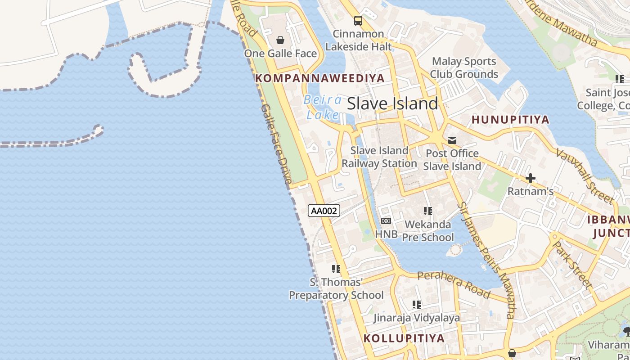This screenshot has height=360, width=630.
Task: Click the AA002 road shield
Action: pyautogui.click(x=324, y=211)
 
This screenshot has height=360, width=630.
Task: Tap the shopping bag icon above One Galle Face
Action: pyautogui.click(x=280, y=40)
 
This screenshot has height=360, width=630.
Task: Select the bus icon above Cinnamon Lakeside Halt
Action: pyautogui.click(x=358, y=20)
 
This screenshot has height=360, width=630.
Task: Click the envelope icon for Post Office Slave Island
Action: pyautogui.click(x=452, y=140)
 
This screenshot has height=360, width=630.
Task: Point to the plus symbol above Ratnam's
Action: pyautogui.click(x=531, y=178)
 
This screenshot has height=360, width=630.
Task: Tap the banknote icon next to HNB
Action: pyautogui.click(x=386, y=221)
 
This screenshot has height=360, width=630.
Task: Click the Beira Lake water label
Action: pyautogui.click(x=323, y=107)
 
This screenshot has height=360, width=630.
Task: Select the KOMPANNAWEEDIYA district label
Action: pyautogui.click(x=320, y=78)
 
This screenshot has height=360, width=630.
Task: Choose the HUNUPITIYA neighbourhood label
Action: pyautogui.click(x=510, y=120)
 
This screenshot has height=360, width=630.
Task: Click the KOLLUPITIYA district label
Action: pyautogui.click(x=404, y=338)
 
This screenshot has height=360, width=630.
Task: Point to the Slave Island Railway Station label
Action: pyautogui.click(x=379, y=157)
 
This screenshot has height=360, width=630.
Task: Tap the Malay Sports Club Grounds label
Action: pyautogui.click(x=464, y=67)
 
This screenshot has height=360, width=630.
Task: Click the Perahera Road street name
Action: pyautogui.click(x=453, y=284)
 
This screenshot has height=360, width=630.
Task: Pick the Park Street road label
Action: pyautogui.click(x=572, y=264)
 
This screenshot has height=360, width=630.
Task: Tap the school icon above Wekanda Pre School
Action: pyautogui.click(x=427, y=211)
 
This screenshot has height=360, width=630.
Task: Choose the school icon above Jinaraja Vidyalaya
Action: pyautogui.click(x=417, y=305)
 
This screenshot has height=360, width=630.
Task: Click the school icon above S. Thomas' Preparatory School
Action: pyautogui.click(x=336, y=269)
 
